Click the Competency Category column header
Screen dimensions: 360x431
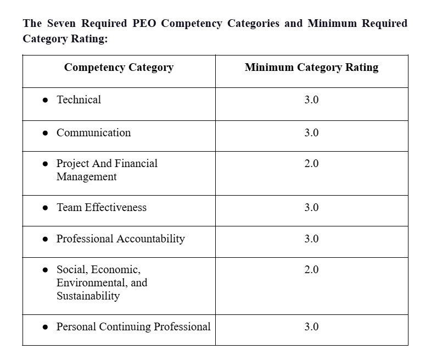point(119,68)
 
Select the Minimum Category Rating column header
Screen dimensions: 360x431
point(311,68)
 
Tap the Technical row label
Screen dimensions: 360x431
point(79,100)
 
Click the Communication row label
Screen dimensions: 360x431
point(93,133)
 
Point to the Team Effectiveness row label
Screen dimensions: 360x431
point(102,208)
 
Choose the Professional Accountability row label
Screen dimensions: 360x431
point(120,239)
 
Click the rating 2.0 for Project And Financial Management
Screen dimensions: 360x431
point(311,164)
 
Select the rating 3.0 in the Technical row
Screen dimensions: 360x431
point(311,100)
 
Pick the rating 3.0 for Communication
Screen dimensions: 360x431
point(311,133)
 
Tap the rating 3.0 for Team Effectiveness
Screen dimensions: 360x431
point(311,208)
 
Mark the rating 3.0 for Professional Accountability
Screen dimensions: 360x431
point(311,239)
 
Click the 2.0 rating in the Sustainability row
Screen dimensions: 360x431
point(311,270)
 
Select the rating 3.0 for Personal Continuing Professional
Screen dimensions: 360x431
point(311,327)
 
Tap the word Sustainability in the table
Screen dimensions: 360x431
point(88,296)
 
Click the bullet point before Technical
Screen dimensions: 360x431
point(45,101)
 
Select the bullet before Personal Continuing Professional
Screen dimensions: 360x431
point(45,328)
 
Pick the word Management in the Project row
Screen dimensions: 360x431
point(86,177)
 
